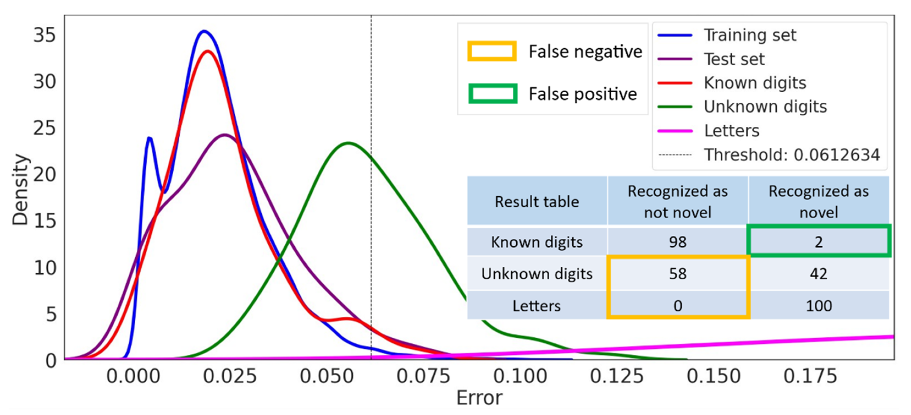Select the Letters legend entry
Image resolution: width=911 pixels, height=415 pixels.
click(x=731, y=131)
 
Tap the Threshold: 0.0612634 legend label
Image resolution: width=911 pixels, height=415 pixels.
click(x=791, y=155)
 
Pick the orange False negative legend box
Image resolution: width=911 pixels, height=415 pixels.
click(x=492, y=52)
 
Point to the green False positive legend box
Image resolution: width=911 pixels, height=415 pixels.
click(x=493, y=94)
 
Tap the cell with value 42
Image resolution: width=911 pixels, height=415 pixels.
click(x=818, y=274)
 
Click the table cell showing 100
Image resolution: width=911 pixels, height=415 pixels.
click(x=818, y=305)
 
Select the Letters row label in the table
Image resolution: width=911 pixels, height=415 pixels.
click(x=536, y=305)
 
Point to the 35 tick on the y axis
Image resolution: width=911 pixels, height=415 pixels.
click(x=45, y=35)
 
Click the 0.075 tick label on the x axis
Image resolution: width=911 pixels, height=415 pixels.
click(x=423, y=376)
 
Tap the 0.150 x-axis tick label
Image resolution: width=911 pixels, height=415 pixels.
click(x=713, y=376)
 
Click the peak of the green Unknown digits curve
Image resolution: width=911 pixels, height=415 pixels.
click(x=348, y=143)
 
